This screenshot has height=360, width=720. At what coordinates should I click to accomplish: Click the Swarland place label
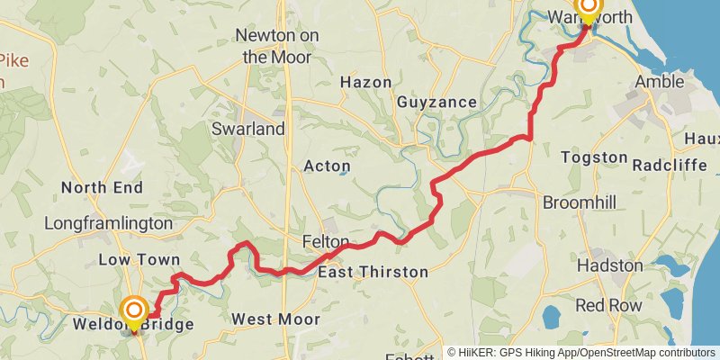tap(247, 129)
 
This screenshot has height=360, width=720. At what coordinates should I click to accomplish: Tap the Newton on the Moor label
tap(273, 46)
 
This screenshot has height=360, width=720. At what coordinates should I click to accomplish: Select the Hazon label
tap(365, 82)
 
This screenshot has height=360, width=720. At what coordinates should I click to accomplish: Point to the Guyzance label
tap(436, 103)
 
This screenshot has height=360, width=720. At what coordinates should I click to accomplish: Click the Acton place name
tap(327, 166)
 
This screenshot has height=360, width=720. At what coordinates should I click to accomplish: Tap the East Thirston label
tap(373, 272)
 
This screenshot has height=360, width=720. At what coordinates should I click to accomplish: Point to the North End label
tap(102, 188)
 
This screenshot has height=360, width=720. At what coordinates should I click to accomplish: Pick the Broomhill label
tap(580, 202)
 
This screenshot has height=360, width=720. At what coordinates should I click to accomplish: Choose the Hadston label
tap(609, 266)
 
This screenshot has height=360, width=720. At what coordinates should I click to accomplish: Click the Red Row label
tap(609, 305)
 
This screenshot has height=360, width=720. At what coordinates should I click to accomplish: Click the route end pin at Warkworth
tap(588, 9)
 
